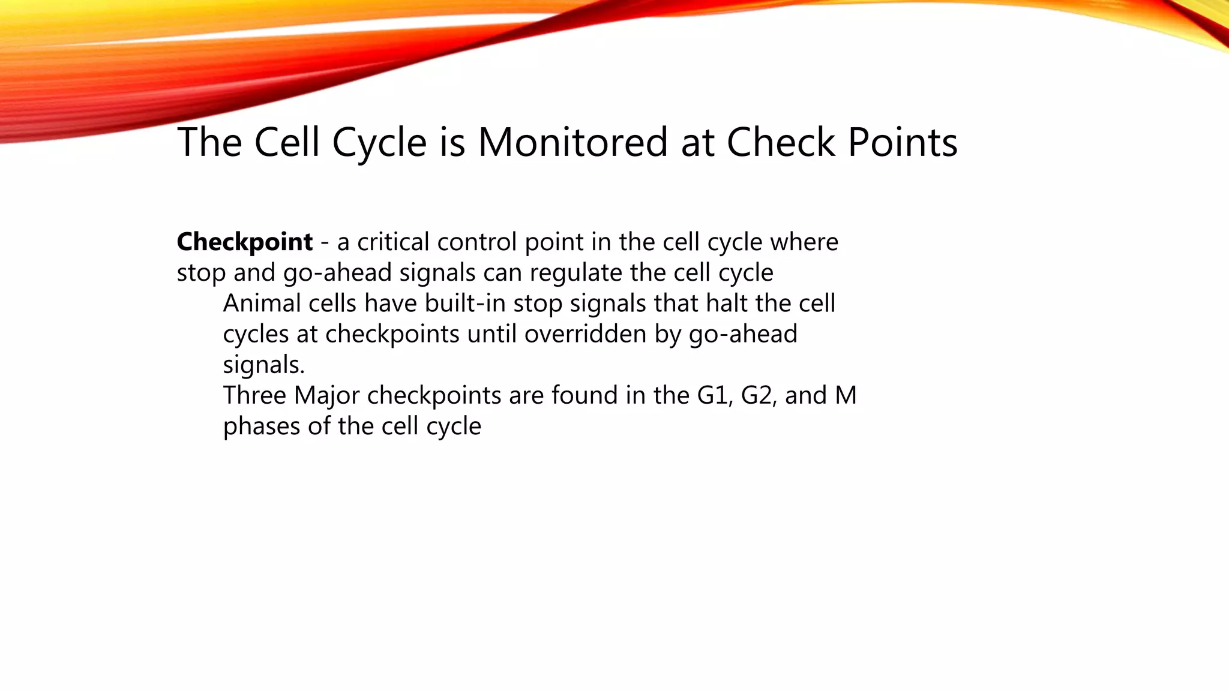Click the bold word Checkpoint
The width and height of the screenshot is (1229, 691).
tap(244, 242)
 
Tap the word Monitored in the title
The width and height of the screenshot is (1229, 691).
tap(572, 143)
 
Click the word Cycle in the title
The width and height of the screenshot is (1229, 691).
tap(379, 143)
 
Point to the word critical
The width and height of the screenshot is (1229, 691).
tap(393, 242)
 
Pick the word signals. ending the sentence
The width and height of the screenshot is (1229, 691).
tap(264, 365)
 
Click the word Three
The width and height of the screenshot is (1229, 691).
tap(254, 396)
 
